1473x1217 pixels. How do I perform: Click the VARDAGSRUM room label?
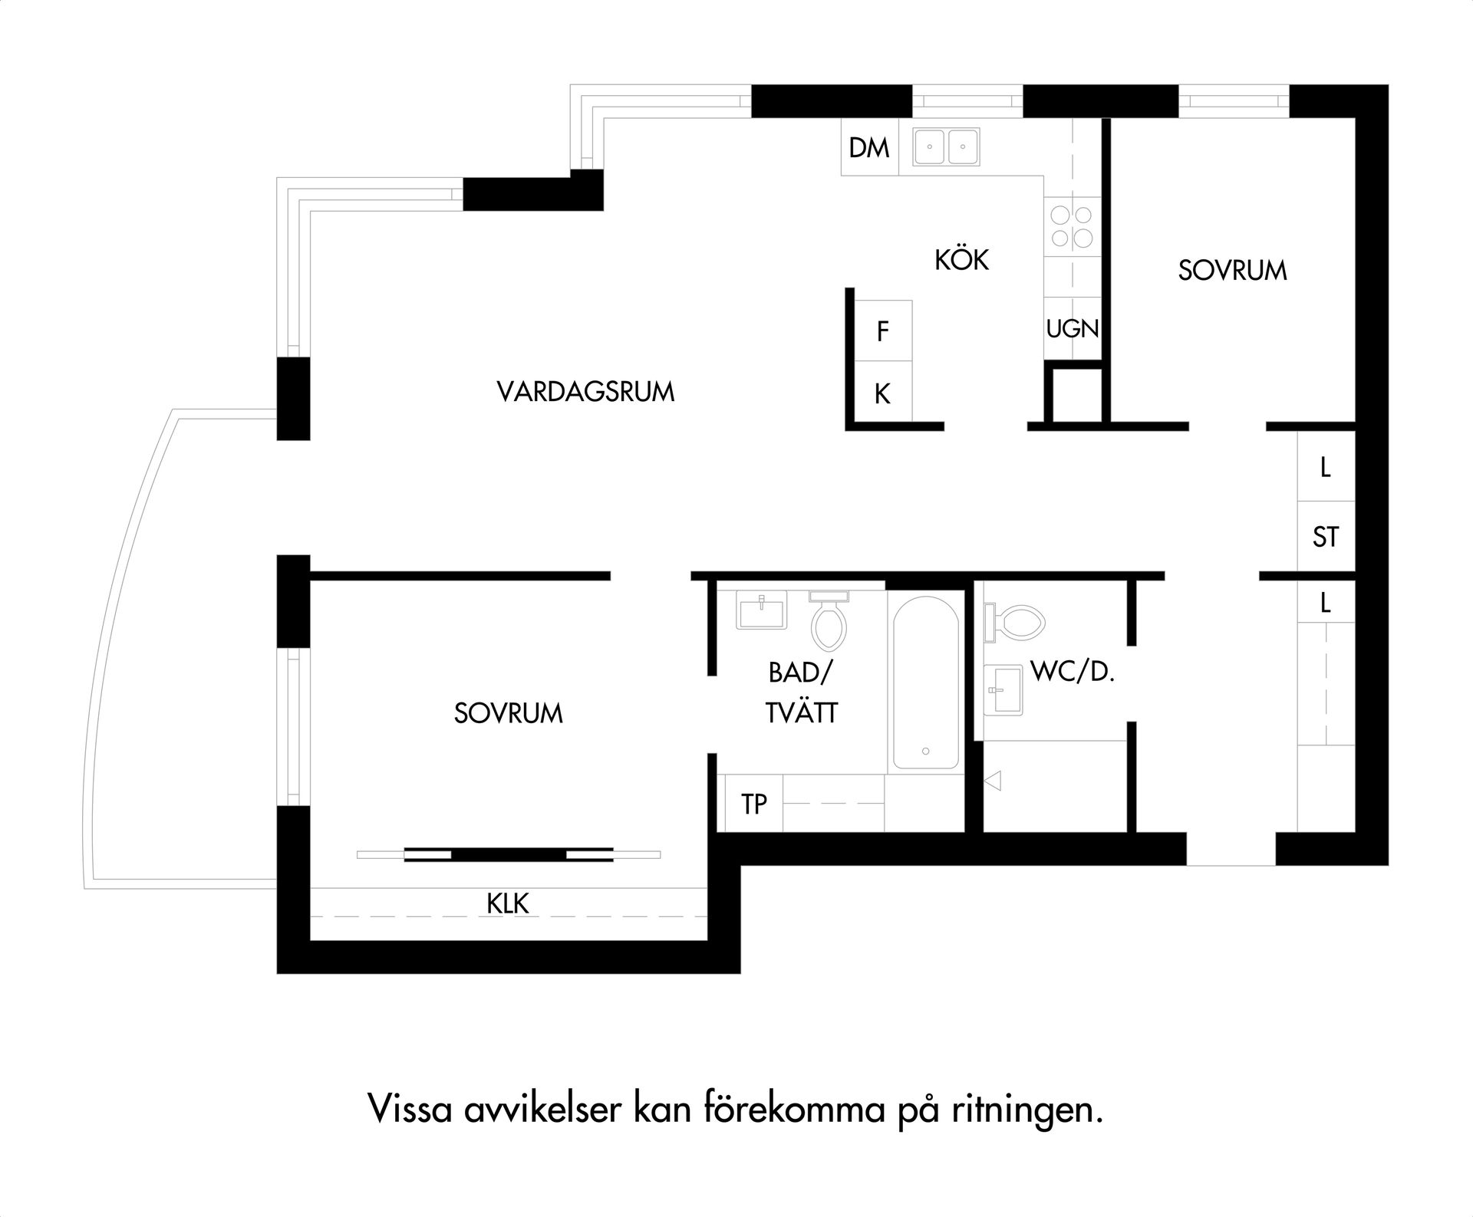(585, 392)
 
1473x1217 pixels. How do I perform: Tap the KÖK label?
(961, 260)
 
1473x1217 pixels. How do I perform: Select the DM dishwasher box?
(869, 147)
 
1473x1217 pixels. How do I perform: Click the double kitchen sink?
(944, 147)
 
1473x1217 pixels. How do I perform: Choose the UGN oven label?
(1073, 329)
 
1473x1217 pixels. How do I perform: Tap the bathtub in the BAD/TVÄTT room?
(925, 681)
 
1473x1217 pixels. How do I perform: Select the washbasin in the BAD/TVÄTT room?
(761, 610)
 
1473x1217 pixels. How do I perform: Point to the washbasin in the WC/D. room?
(1003, 689)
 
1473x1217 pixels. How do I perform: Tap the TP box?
(754, 803)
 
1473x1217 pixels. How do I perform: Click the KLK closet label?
(508, 903)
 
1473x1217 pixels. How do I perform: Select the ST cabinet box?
(1326, 536)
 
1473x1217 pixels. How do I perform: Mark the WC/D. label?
(1072, 672)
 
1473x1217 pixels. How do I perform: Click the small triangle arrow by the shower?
(993, 781)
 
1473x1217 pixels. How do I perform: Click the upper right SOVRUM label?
(1232, 271)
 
